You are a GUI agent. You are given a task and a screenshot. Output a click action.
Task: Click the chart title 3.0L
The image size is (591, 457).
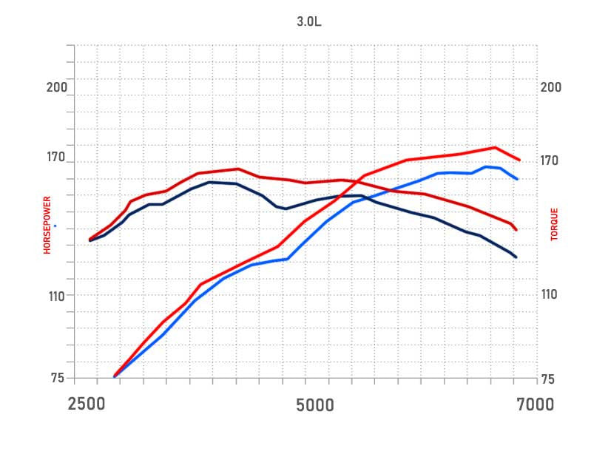(309, 21)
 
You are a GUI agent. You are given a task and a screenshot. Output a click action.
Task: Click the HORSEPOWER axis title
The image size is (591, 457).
(47, 226)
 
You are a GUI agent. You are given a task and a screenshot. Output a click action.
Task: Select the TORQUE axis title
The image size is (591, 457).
(554, 224)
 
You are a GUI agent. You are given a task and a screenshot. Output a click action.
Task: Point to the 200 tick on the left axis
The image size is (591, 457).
(57, 87)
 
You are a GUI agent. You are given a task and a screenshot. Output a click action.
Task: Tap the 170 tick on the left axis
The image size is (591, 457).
(57, 158)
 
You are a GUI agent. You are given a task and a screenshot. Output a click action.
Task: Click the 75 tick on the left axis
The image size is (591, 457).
(58, 379)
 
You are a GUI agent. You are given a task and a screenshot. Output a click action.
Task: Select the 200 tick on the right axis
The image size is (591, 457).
(551, 87)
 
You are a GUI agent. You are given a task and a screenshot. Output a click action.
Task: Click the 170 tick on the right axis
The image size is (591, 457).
(551, 160)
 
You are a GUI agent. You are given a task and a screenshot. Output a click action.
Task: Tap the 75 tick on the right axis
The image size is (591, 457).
(547, 379)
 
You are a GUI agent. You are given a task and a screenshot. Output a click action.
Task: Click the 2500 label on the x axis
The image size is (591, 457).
(87, 404)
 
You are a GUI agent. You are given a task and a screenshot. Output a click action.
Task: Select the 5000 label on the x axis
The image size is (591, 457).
(316, 405)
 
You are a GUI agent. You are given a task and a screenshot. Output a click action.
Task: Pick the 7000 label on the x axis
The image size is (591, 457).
(535, 404)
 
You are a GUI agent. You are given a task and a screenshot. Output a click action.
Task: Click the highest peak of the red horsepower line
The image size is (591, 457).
(495, 147)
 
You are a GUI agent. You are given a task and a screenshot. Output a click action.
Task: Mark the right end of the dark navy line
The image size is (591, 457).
(516, 257)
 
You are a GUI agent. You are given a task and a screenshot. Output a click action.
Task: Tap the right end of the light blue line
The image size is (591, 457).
(517, 179)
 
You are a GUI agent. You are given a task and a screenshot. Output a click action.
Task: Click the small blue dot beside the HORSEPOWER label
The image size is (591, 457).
(55, 226)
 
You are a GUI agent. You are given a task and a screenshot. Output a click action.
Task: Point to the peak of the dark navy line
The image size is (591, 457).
(211, 182)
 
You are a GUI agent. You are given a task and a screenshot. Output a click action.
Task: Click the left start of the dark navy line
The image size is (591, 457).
(90, 240)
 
